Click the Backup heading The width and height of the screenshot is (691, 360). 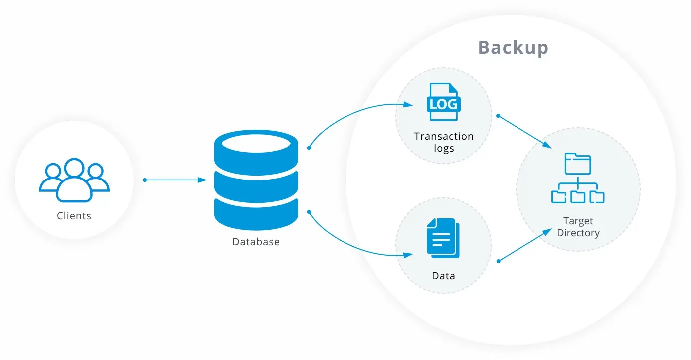point(513,48)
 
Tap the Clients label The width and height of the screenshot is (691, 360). point(74,216)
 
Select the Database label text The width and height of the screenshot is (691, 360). point(256,242)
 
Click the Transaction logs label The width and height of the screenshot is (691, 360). point(444,142)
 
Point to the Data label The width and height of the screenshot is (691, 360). point(443,276)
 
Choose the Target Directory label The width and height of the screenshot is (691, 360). point(578,227)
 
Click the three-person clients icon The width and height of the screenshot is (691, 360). point(74,180)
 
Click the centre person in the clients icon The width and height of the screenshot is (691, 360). point(74,180)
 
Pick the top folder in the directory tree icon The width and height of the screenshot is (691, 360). point(578,163)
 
